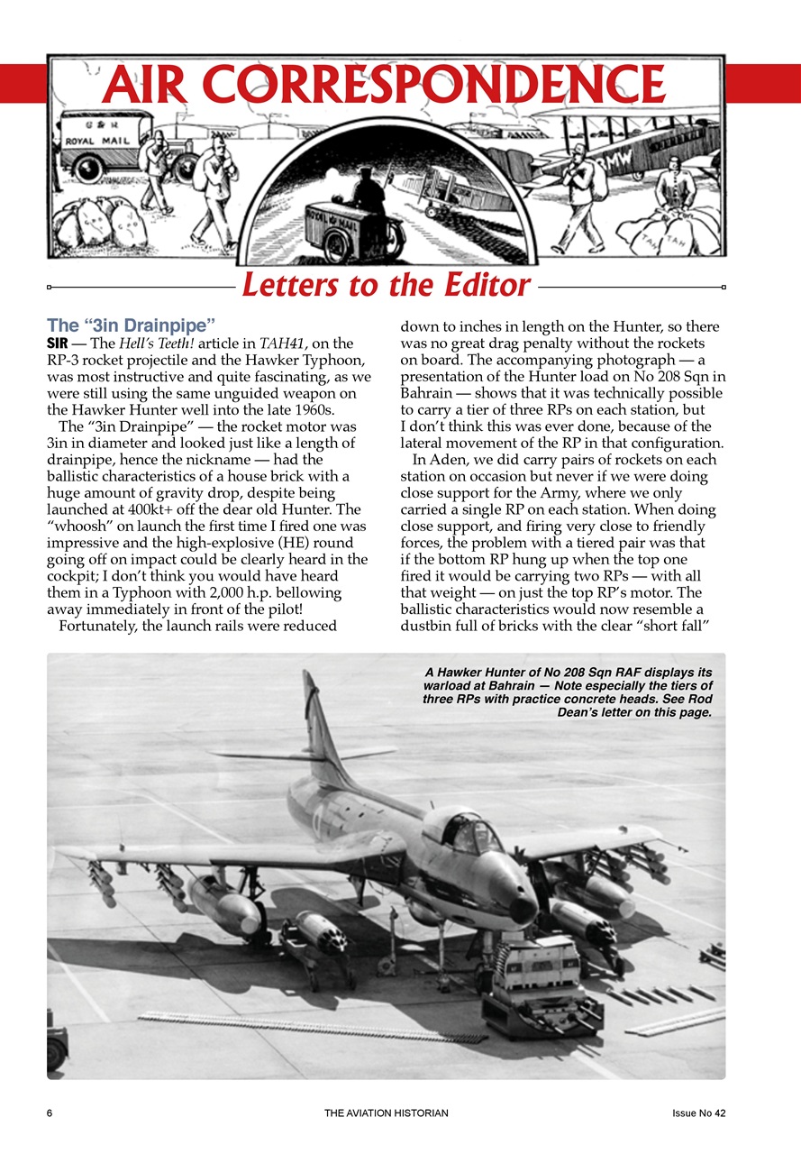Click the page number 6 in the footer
(50, 1113)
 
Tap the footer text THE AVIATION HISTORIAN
(387, 1113)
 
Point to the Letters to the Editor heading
(386, 285)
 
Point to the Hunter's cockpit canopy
(463, 831)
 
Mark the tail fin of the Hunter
(317, 721)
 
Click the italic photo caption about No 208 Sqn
(568, 691)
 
